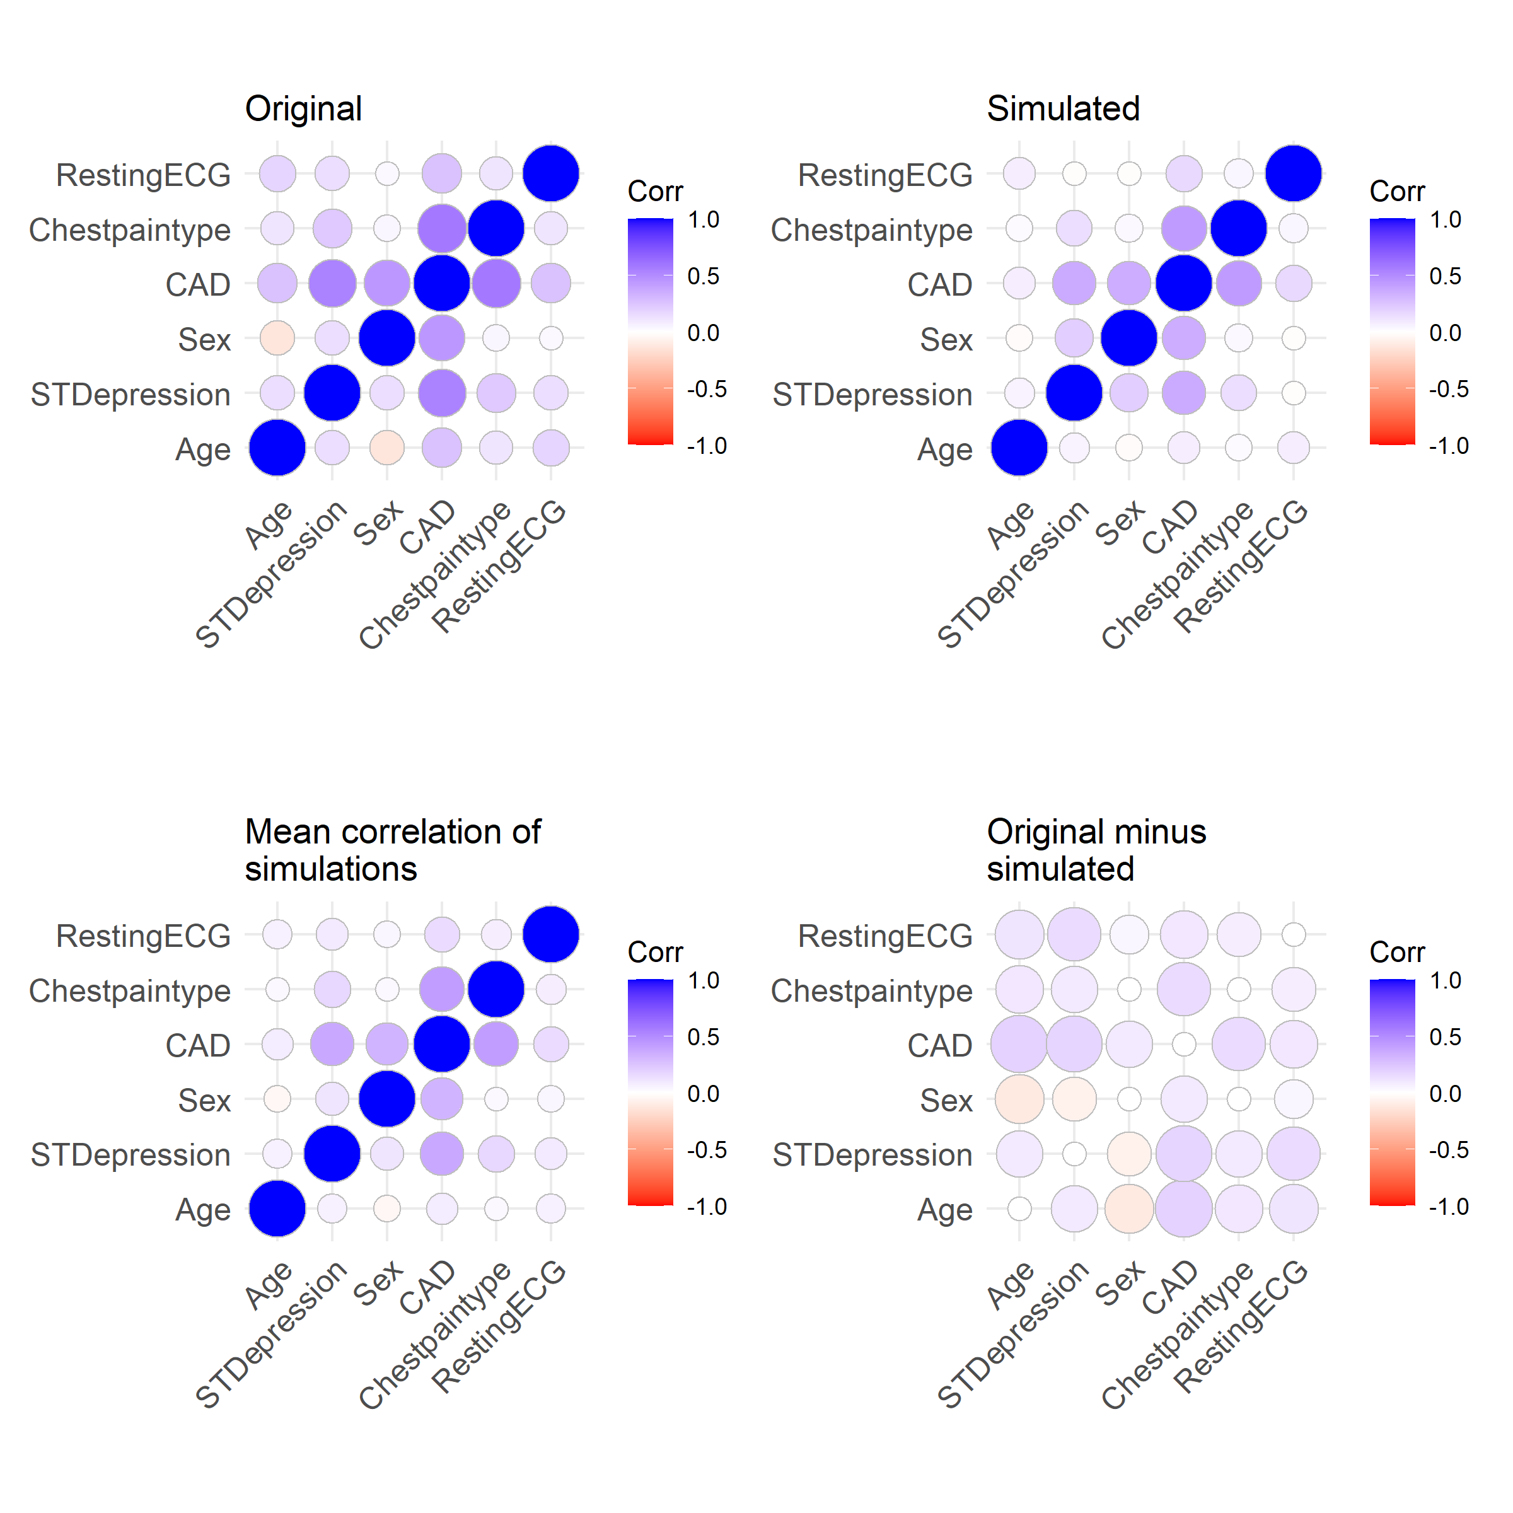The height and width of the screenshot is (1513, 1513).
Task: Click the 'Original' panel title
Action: [303, 109]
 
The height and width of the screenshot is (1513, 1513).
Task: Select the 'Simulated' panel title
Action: [1063, 109]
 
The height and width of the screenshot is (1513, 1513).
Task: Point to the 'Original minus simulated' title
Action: [1096, 850]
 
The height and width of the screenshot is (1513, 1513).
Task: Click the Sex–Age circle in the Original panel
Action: [277, 339]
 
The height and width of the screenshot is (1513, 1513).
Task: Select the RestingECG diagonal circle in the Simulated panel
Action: [1293, 174]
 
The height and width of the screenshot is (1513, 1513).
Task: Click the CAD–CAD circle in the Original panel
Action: [442, 284]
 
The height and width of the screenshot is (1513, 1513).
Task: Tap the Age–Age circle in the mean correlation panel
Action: [277, 1209]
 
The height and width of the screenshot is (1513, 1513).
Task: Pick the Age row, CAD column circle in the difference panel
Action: [1183, 1209]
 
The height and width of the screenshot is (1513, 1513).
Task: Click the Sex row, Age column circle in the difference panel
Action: [1019, 1099]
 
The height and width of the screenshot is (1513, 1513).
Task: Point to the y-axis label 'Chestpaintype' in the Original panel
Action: [130, 230]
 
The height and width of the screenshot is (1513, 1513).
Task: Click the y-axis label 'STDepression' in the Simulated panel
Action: [872, 395]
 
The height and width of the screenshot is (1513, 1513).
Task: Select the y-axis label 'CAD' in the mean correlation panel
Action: [198, 1045]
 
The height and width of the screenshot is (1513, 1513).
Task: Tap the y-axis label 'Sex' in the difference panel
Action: [946, 1100]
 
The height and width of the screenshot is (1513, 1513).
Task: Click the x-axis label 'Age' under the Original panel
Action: [269, 524]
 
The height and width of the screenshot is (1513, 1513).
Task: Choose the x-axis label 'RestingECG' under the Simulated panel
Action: [1241, 565]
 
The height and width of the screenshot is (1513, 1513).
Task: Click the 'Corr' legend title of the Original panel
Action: [656, 191]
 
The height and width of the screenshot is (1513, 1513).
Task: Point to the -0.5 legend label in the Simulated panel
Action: [1448, 389]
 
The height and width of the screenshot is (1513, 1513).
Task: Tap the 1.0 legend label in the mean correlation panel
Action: [704, 980]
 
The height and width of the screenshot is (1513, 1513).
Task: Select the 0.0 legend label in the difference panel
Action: [1445, 1093]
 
